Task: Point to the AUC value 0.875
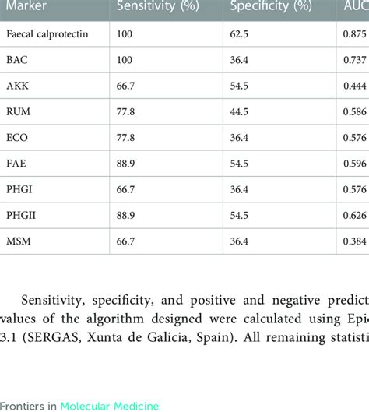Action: tap(356, 35)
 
